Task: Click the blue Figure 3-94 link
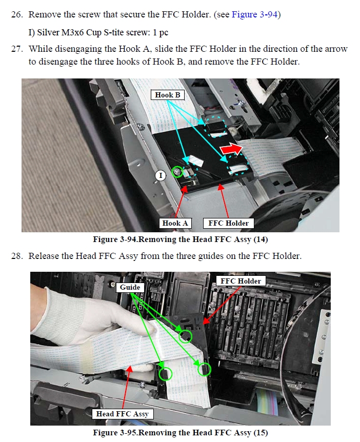click(x=254, y=14)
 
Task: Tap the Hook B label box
click(x=168, y=95)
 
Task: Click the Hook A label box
click(x=175, y=223)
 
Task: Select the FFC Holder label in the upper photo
click(x=228, y=223)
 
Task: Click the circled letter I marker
click(x=161, y=175)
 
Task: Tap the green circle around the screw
click(x=177, y=172)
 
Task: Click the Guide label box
click(x=130, y=287)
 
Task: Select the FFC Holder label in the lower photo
click(x=241, y=281)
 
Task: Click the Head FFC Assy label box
click(x=123, y=414)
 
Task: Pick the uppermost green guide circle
click(x=185, y=336)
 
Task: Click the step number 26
click(x=16, y=14)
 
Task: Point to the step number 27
click(x=16, y=49)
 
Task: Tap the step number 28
click(x=16, y=256)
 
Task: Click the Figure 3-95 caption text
click(x=181, y=432)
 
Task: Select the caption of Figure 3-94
click(x=181, y=239)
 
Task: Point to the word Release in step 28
click(x=44, y=256)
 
